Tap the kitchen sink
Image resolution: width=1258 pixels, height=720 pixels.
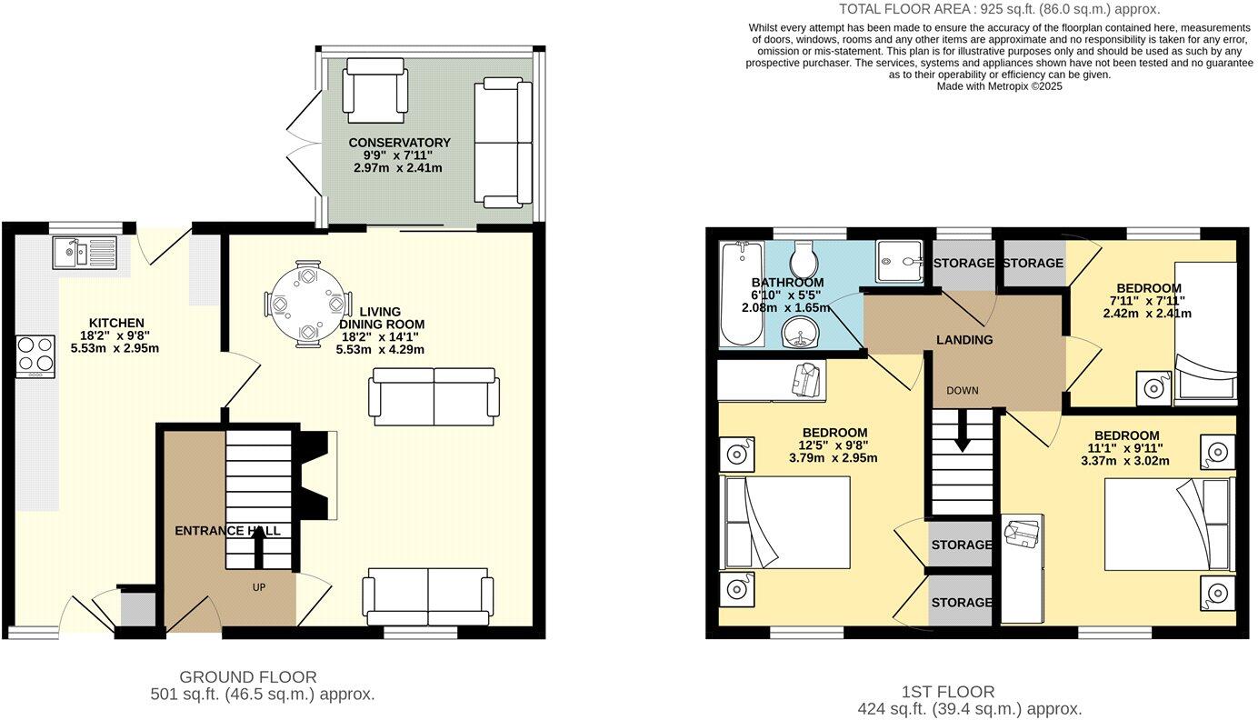point(83,252)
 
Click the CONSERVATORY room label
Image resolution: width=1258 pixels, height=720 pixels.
point(399,143)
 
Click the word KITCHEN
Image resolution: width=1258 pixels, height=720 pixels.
point(116,323)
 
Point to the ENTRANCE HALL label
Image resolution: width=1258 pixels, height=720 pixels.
point(227,531)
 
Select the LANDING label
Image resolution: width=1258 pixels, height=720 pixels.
point(964,340)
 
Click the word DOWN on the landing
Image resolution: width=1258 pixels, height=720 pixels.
point(962,391)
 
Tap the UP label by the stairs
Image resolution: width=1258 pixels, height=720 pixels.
point(259,587)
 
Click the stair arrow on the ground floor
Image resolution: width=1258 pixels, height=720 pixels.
point(258,546)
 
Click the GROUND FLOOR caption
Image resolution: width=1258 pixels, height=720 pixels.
point(248,676)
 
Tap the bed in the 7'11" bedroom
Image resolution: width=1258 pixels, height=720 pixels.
point(1205,332)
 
